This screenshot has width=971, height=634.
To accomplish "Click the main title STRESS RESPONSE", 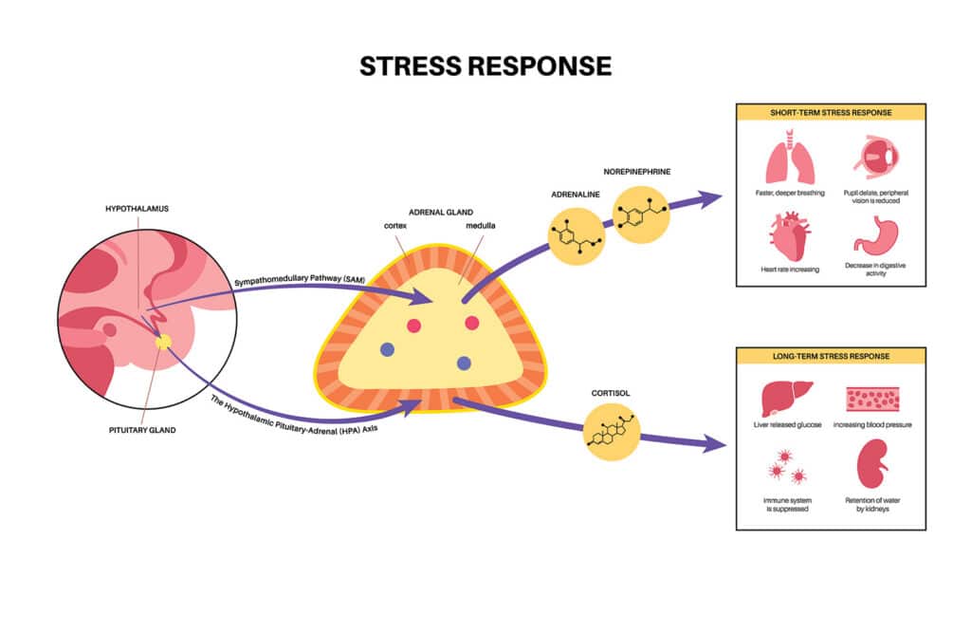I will point(485,65).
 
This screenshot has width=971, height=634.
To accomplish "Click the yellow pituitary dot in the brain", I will point(163,341).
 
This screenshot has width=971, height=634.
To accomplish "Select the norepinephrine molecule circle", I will point(640,214).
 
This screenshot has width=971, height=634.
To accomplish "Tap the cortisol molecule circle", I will point(614,431).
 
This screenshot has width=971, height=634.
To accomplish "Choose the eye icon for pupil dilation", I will point(873,157).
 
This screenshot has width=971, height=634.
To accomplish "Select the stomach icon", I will point(873,234).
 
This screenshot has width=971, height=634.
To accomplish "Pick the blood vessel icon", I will point(873,398).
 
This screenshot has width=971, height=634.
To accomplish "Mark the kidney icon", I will point(873,465).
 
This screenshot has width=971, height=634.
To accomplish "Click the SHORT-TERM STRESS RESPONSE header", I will point(831,112).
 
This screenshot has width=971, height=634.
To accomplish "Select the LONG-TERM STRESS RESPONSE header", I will point(831,356).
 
